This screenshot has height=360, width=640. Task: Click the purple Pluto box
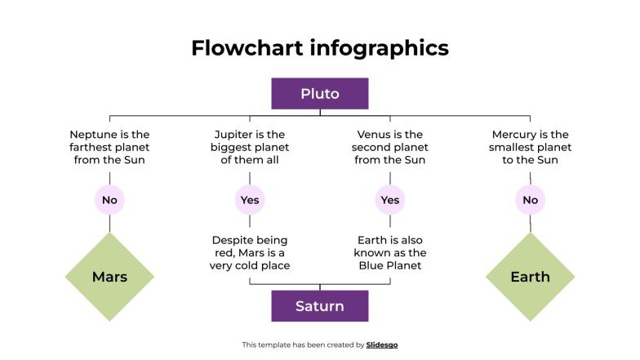pos(319,94)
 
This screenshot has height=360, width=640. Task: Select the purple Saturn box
pos(319,306)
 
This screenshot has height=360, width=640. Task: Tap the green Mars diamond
pos(109,277)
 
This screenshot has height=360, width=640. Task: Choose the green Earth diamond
pos(530,277)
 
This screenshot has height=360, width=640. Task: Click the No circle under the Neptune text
pos(109,200)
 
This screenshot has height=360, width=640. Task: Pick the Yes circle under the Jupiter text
pos(250,200)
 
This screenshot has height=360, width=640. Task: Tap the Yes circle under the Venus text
pos(390,200)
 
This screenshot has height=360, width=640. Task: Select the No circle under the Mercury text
pos(530,200)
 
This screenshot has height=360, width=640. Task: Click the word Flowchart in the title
pos(247,48)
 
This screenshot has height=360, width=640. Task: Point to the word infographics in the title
pos(380,48)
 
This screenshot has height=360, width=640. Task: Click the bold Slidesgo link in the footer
pos(382,345)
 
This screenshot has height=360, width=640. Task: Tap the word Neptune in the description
pos(92,135)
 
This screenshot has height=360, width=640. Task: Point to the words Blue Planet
pos(390,266)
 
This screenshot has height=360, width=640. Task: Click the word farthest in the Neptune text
pos(93,148)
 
